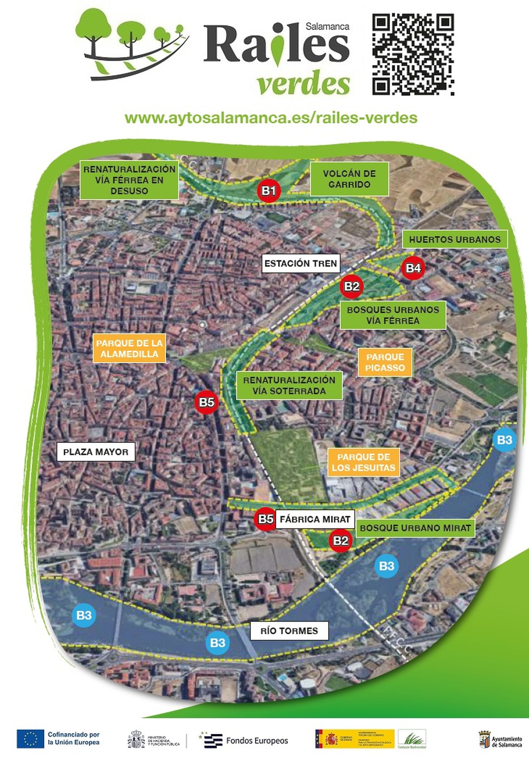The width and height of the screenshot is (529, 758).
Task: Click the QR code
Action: [x=413, y=55]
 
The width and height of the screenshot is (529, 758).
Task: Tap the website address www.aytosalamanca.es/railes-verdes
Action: [x=271, y=118]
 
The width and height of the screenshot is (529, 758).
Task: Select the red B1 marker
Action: [x=269, y=191]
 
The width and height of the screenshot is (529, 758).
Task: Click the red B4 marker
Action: [x=413, y=268]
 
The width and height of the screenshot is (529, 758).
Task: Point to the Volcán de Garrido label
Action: [x=349, y=179]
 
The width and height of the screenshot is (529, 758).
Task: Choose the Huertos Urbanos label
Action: [x=455, y=240]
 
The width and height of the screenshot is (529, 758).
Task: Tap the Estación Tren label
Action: [x=301, y=263]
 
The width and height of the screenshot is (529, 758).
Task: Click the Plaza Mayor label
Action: [x=96, y=452]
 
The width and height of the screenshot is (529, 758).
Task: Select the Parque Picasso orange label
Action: [x=385, y=362]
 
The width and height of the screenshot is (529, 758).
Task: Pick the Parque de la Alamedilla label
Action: [x=129, y=348]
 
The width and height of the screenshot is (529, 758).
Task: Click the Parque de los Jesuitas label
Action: [x=363, y=462]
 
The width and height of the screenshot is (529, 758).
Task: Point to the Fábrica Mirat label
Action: [x=315, y=519]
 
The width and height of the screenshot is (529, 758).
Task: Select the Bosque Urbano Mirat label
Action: [x=415, y=528]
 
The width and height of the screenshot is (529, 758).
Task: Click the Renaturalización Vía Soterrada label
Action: [x=289, y=385]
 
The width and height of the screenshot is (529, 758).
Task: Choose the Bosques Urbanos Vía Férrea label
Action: [x=393, y=315]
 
